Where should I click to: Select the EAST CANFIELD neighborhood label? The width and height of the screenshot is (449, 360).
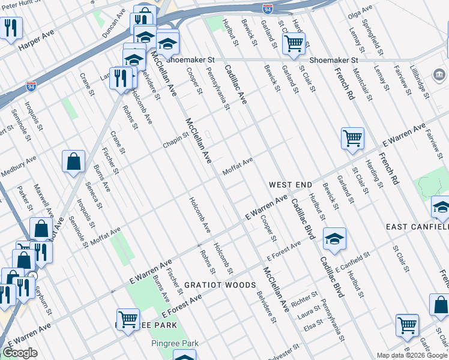(417, 227)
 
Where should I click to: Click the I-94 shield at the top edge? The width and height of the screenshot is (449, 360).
(267, 8)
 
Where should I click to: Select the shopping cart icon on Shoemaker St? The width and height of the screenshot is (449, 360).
(294, 44)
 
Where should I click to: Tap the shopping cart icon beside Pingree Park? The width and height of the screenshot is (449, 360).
(128, 320)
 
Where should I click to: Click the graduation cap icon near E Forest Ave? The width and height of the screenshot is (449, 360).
(334, 239)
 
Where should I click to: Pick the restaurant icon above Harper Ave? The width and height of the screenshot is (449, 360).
(11, 28)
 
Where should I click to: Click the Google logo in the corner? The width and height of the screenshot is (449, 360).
(19, 353)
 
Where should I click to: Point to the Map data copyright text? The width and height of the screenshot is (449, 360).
(412, 355)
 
